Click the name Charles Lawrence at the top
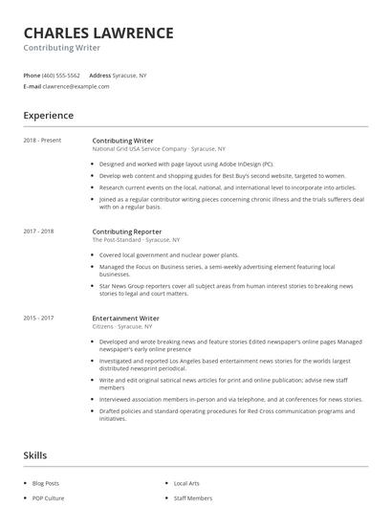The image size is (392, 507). click(98, 33)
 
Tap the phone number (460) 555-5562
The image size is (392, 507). click(61, 75)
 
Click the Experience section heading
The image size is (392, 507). click(49, 116)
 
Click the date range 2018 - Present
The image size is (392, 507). click(42, 141)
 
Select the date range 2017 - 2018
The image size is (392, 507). click(38, 231)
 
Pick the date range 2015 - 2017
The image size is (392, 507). click(38, 318)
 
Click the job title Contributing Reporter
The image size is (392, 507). click(127, 231)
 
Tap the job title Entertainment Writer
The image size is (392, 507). click(125, 318)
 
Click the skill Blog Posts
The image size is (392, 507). click(45, 484)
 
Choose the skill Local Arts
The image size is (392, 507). click(187, 484)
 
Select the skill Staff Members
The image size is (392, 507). click(193, 498)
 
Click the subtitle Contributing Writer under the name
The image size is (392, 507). click(62, 48)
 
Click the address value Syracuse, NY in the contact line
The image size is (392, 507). click(130, 75)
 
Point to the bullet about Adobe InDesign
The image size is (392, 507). click(185, 164)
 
